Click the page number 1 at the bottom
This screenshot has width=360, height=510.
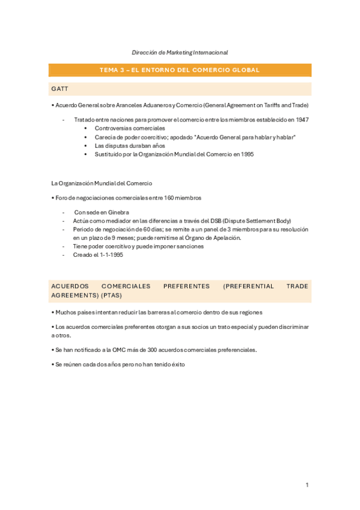tap(307, 485)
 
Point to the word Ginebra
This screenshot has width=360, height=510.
tap(119, 212)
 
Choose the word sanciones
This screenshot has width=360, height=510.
tap(188, 246)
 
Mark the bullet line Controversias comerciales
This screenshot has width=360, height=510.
tap(129, 128)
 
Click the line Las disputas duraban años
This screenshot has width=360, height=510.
tap(129, 146)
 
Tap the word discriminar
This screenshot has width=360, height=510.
tap(291, 327)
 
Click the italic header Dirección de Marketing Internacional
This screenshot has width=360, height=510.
tap(180, 53)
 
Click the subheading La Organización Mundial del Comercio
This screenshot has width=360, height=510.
tap(102, 183)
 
